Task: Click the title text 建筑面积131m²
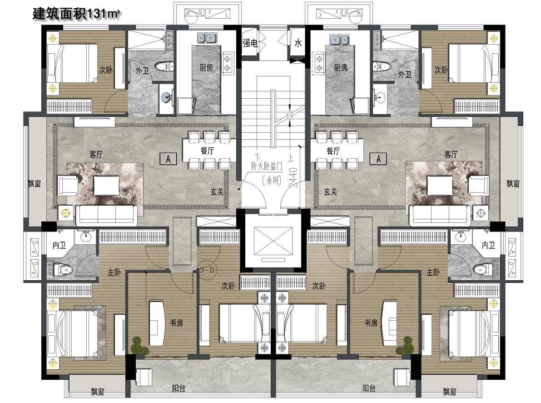76,14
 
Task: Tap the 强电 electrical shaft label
250,43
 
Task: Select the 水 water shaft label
298,43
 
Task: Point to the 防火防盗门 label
266,166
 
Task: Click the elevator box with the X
273,241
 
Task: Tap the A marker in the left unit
169,159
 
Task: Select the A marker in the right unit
378,159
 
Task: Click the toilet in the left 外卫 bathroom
164,66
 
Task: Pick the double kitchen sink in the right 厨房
339,40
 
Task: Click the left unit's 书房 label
176,323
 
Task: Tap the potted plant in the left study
139,346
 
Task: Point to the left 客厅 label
96,155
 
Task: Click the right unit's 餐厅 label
333,151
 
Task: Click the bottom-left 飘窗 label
98,392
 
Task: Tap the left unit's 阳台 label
179,388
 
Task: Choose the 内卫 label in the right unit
488,245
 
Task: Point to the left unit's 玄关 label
217,191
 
